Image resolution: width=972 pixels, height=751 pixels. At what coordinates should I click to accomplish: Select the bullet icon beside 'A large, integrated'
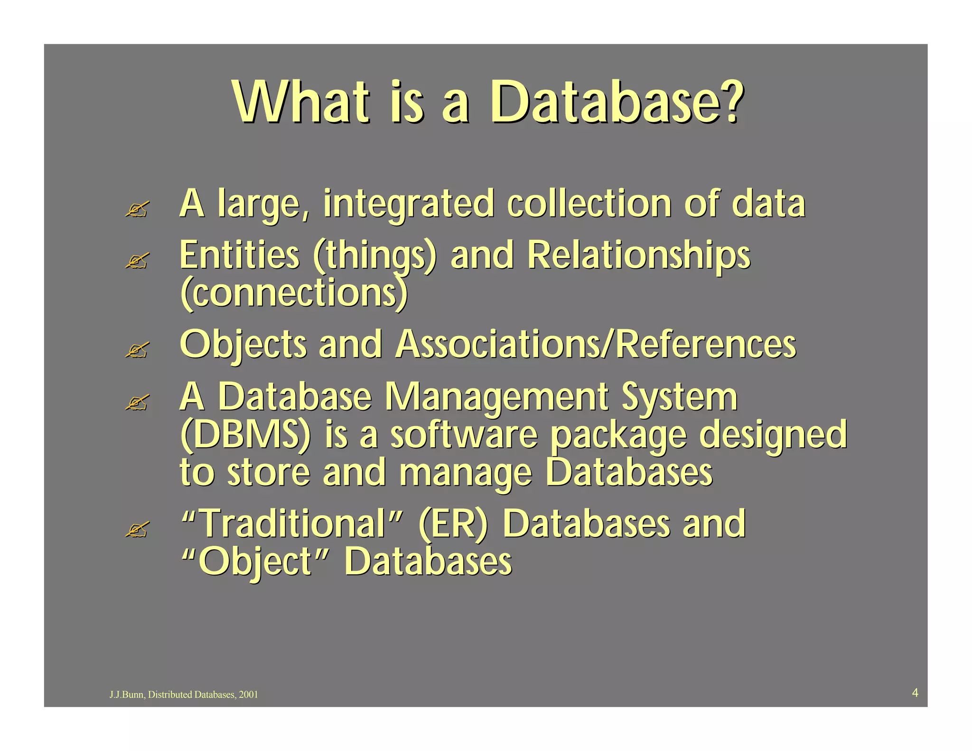click(x=137, y=209)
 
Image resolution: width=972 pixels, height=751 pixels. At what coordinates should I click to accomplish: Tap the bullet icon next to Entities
click(x=137, y=261)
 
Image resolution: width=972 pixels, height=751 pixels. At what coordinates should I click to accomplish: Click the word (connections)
click(x=294, y=293)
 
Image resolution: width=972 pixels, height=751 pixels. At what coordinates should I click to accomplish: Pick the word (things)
click(x=374, y=256)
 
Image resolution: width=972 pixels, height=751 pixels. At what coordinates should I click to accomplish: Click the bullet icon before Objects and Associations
click(x=137, y=350)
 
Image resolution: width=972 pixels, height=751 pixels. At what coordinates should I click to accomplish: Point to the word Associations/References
click(x=596, y=345)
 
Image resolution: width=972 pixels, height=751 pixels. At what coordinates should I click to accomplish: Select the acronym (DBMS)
click(x=245, y=435)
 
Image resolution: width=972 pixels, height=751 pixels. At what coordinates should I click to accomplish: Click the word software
click(x=464, y=435)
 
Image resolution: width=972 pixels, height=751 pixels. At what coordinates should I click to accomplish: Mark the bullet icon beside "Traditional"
click(x=137, y=529)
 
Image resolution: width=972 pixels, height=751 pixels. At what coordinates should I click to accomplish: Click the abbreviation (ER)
click(x=453, y=524)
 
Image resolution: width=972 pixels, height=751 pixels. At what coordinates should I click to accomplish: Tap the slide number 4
click(x=915, y=693)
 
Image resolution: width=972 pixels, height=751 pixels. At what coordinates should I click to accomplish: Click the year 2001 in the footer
click(x=248, y=695)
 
